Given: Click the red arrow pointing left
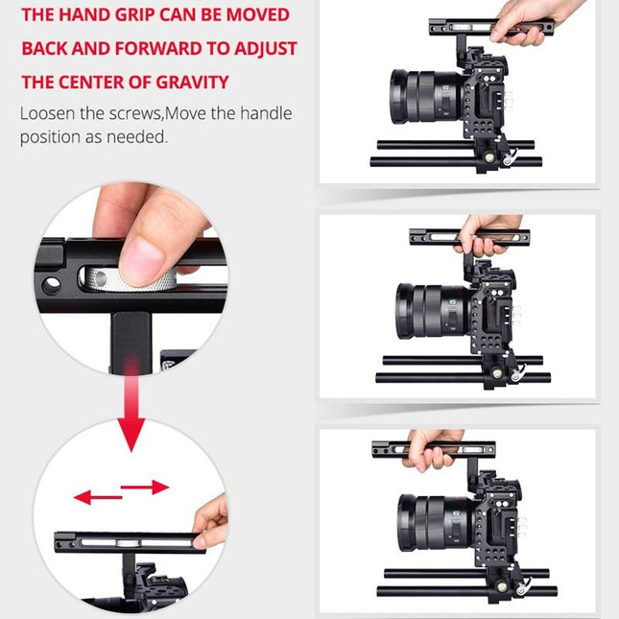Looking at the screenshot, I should point(96,496).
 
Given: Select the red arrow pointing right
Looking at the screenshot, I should point(146,488).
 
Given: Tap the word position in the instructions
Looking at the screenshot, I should point(49,136).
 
